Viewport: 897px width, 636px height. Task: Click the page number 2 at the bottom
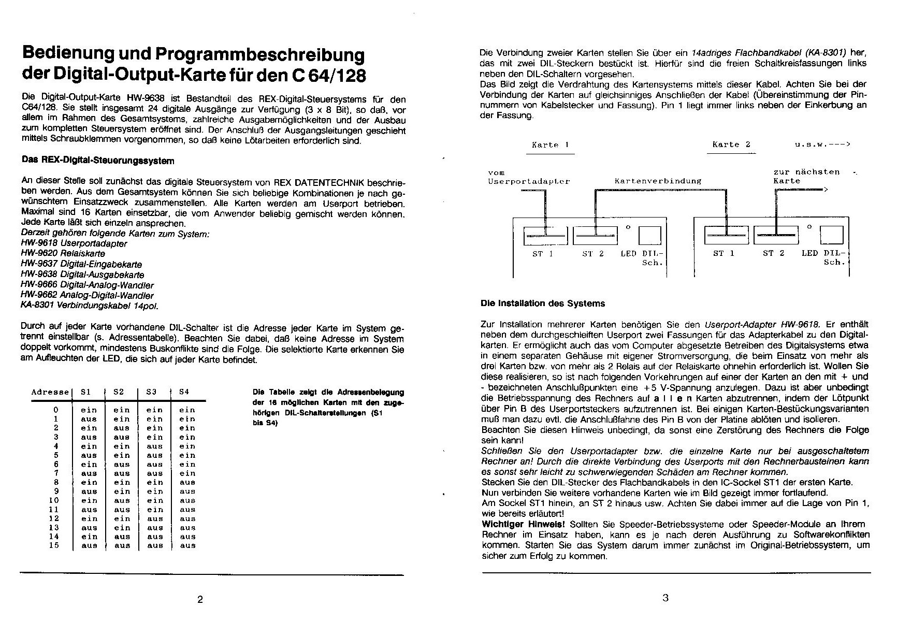point(200,600)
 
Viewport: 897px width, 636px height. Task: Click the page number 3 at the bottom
point(665,598)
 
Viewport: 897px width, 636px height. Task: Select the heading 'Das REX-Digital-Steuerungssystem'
point(98,161)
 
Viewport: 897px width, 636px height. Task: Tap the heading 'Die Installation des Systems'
point(543,303)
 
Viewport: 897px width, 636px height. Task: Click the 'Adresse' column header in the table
point(50,392)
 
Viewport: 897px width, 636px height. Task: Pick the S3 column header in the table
point(151,392)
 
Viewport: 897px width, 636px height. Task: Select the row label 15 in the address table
point(54,545)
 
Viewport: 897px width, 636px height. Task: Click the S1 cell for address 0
point(89,410)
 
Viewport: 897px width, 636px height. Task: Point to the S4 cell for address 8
point(187,482)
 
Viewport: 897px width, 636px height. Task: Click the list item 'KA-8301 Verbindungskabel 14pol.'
point(89,306)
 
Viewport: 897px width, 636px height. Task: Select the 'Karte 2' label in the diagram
point(731,144)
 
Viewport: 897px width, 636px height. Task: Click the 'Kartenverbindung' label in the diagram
point(658,181)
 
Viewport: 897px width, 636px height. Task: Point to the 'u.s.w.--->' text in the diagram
point(822,144)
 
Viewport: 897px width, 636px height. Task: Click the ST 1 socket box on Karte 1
point(545,236)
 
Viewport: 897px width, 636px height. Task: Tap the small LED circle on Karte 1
point(628,227)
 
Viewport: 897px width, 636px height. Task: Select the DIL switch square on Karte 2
point(831,236)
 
